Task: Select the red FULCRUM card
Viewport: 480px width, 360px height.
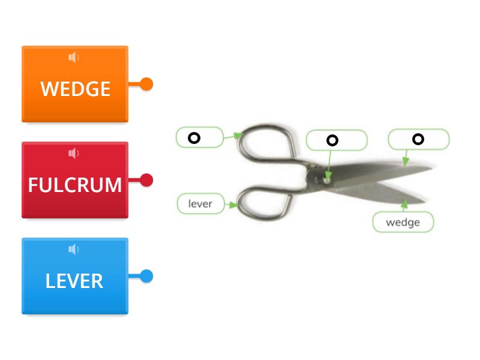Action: [74, 185]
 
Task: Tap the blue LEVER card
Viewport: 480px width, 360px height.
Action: [74, 281]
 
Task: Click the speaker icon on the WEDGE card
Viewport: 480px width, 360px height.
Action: [74, 58]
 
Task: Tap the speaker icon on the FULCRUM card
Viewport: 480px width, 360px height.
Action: [74, 154]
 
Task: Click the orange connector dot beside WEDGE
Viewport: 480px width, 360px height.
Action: [146, 84]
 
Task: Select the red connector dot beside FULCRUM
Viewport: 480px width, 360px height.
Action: [146, 180]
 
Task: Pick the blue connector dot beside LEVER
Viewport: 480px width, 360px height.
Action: [146, 276]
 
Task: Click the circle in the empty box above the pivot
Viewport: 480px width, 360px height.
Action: [332, 140]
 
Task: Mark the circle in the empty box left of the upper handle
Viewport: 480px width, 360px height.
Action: [194, 138]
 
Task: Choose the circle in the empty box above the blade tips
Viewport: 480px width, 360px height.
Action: [418, 139]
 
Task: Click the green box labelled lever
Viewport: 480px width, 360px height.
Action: [200, 204]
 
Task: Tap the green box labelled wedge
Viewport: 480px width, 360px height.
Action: [403, 223]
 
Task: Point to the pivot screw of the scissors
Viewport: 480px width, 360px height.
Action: [326, 178]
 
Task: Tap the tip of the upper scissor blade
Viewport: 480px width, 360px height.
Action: [431, 169]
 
